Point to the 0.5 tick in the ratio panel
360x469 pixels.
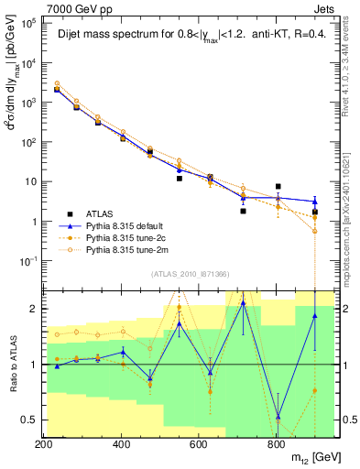pyautogui.click(x=29, y=420)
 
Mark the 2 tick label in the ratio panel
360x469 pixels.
pyautogui.click(x=34, y=309)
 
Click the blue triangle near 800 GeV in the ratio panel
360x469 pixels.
pyautogui.click(x=278, y=417)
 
